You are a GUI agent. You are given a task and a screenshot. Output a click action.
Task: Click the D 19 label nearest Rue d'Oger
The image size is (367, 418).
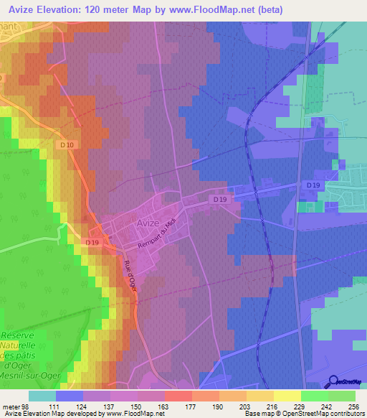pos(92,243)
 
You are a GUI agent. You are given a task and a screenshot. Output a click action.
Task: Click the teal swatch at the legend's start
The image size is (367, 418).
pos(42,396)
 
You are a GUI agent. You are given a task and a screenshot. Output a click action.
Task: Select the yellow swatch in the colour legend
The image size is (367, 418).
pos(287,396)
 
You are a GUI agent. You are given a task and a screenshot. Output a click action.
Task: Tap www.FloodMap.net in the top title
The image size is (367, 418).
pos(216,9)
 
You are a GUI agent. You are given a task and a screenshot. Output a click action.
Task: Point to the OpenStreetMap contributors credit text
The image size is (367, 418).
pos(323,414)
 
